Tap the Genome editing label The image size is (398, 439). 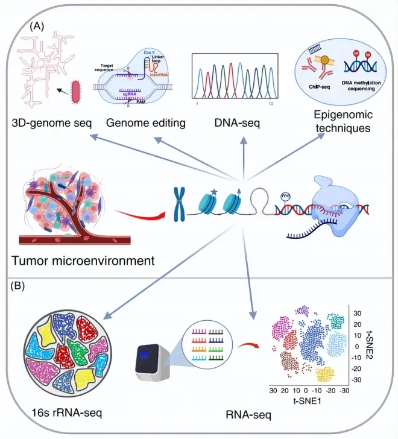pyautogui.click(x=145, y=124)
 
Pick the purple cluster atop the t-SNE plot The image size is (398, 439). pyautogui.click(x=303, y=310)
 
